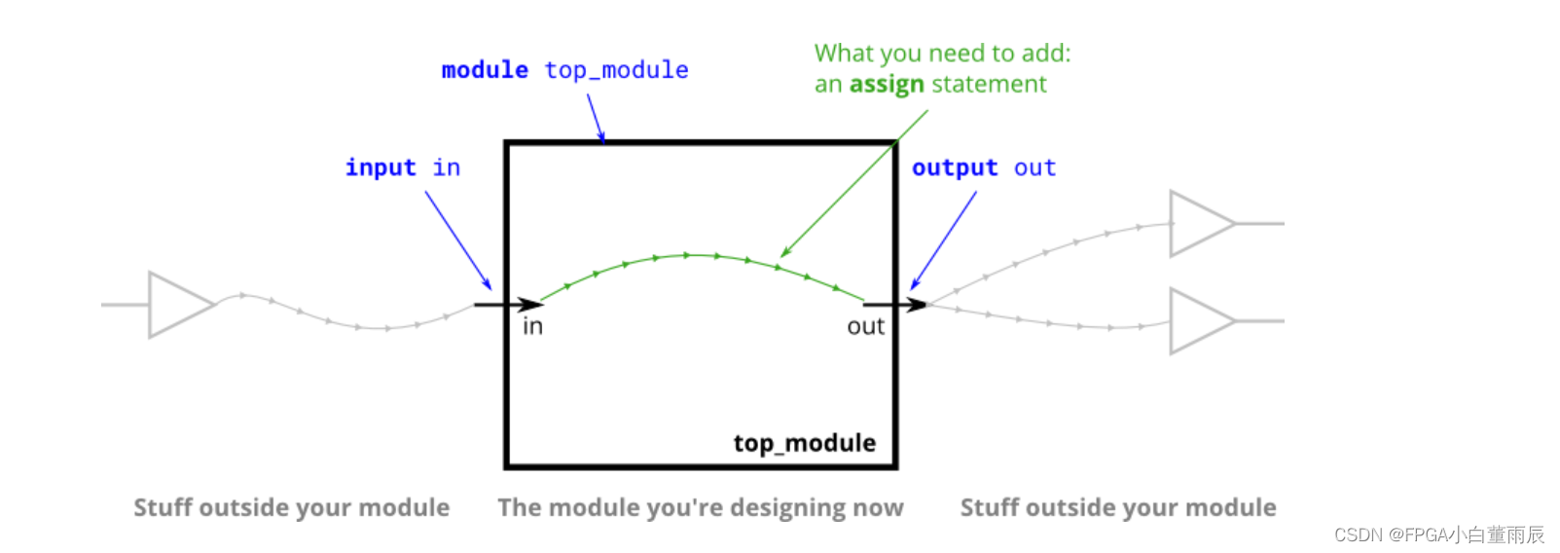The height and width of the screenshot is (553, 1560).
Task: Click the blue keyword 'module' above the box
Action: point(485,70)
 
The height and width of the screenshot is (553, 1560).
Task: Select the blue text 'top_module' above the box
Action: point(616,70)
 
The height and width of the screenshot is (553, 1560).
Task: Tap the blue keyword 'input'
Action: point(381,167)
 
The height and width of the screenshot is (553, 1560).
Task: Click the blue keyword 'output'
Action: point(955,167)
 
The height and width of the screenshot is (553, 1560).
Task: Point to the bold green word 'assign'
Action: point(887,85)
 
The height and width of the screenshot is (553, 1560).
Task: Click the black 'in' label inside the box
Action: point(532,327)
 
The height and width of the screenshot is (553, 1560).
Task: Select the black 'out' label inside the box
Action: point(865,327)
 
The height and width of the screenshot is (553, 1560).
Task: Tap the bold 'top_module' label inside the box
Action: point(804,443)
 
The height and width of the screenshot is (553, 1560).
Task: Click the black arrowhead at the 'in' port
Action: point(530,305)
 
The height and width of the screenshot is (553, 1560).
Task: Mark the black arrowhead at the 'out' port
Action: point(916,305)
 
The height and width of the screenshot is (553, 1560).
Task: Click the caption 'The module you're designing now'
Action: point(701,507)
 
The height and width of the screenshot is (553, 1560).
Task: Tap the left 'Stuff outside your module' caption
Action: point(291,507)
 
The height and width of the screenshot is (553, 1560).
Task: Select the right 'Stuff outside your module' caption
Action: point(1118,507)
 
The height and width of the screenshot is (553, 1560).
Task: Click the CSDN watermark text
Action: point(1438,535)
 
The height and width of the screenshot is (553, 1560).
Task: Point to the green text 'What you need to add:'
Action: point(942,53)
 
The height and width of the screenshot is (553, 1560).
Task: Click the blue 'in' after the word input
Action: point(447,167)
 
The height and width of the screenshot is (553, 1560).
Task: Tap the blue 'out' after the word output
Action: point(1034,167)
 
